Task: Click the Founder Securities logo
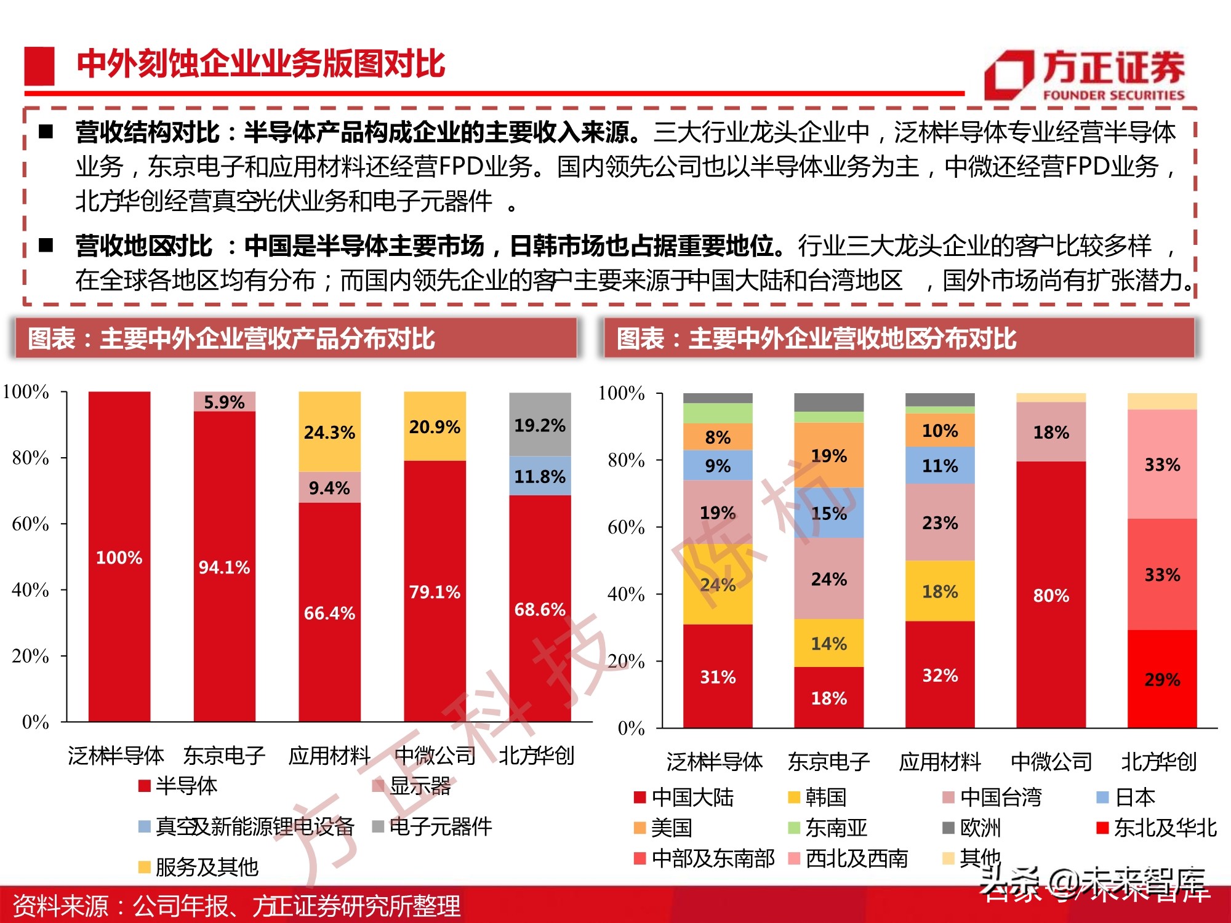pyautogui.click(x=1085, y=75)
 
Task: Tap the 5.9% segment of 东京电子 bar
pyautogui.click(x=224, y=402)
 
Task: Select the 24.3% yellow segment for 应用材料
pyautogui.click(x=329, y=432)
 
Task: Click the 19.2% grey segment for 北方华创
pyautogui.click(x=540, y=425)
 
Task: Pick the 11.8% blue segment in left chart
pyautogui.click(x=540, y=476)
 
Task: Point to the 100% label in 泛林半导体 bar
pyautogui.click(x=119, y=557)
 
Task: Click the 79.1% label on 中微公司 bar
pyautogui.click(x=435, y=592)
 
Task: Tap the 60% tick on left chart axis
pyautogui.click(x=30, y=524)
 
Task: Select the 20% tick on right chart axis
pyautogui.click(x=626, y=661)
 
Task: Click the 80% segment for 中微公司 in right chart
pyautogui.click(x=1051, y=595)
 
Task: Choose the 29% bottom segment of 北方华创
pyautogui.click(x=1162, y=679)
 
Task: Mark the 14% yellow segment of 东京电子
pyautogui.click(x=828, y=644)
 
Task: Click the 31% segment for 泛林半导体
pyautogui.click(x=718, y=677)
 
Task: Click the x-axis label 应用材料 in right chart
pyautogui.click(x=939, y=762)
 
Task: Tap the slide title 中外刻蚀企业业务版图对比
pyautogui.click(x=260, y=64)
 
